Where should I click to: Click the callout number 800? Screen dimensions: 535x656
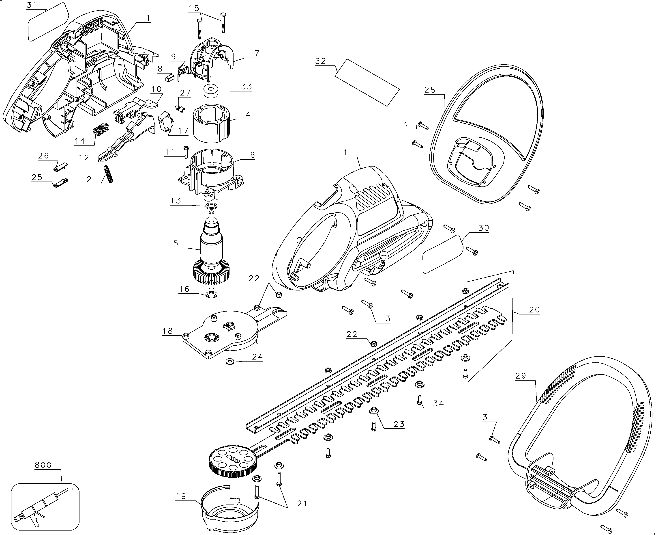(43, 465)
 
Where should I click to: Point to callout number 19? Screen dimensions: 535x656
(181, 496)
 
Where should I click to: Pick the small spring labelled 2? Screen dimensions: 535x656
(109, 174)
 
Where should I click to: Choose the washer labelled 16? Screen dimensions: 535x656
(211, 294)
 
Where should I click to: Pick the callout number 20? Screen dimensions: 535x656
(534, 310)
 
